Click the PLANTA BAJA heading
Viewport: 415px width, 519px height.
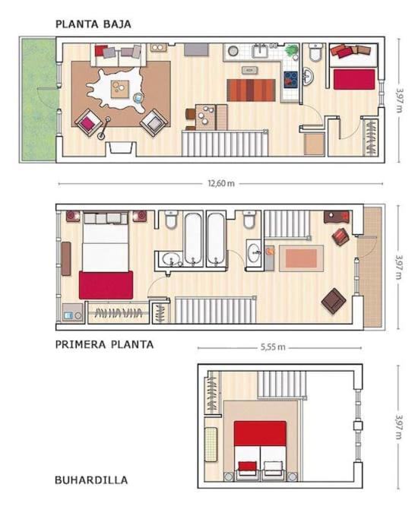coord(93,24)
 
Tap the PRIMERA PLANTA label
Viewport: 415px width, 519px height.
coord(104,344)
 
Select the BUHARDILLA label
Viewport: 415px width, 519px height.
coord(91,480)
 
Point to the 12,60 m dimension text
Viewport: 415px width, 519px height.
coord(221,183)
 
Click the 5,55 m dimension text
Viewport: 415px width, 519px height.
coord(273,347)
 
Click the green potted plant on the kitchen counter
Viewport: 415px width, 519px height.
coord(291,51)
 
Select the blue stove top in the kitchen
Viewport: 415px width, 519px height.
coord(290,80)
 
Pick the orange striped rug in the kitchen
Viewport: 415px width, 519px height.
coord(251,90)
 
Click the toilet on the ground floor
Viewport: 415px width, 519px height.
coord(315,52)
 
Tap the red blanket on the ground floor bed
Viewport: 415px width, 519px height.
coord(354,79)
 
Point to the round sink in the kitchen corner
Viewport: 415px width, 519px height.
coord(233,51)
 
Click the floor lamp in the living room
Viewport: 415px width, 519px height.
coord(104,128)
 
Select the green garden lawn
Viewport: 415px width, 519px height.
coord(39,100)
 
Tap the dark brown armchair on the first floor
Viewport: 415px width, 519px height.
coord(334,300)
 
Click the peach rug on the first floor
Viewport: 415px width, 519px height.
coord(301,258)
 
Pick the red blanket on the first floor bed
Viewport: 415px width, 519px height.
coord(106,285)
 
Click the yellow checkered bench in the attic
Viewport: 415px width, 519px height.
coord(211,445)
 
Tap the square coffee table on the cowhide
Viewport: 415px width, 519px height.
coord(120,89)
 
